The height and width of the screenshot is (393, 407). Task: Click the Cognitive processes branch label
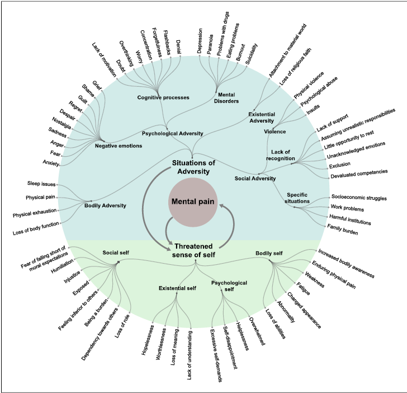[163, 97]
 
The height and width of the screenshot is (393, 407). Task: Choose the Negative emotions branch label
[119, 146]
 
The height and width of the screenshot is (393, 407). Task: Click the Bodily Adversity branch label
[105, 205]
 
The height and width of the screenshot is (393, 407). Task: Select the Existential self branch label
[178, 288]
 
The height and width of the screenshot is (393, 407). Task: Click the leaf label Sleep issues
[41, 184]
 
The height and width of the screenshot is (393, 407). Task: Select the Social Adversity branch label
[255, 179]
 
